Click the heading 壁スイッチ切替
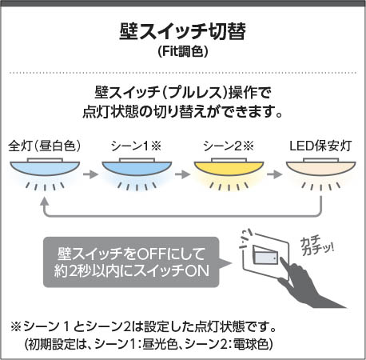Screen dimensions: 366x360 pos(182,32)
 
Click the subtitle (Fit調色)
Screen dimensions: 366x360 pos(183,51)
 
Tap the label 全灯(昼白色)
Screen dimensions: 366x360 pos(45,146)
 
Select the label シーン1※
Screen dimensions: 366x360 pos(137,146)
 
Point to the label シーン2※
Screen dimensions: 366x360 pos(229,146)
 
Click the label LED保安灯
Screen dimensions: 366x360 pos(320,146)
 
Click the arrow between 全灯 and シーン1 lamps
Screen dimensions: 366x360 pos(90,174)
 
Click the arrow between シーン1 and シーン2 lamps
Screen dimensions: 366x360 pos(182,174)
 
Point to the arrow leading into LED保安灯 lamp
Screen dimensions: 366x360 pos(274,174)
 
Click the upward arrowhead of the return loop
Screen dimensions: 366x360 pos(45,202)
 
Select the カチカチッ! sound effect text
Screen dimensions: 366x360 pos(316,246)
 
